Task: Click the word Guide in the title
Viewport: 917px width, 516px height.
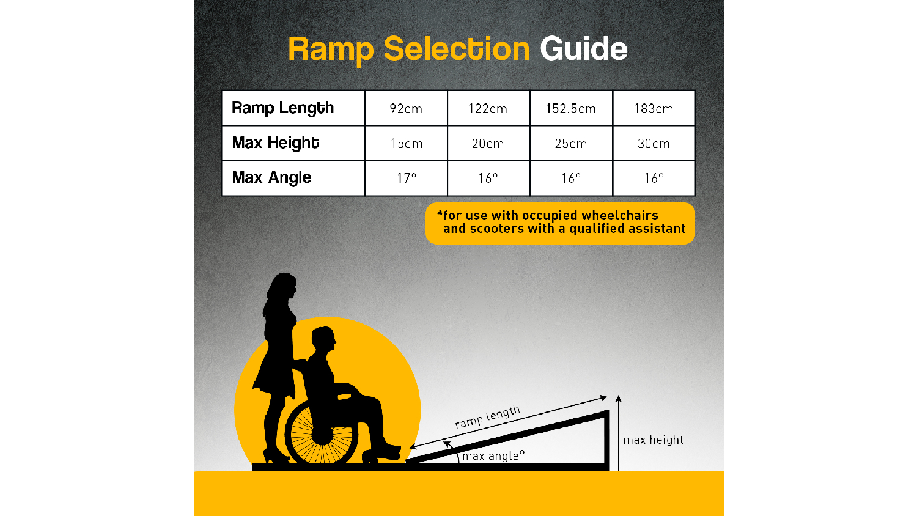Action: coord(583,49)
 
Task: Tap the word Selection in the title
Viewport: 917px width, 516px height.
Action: coord(457,49)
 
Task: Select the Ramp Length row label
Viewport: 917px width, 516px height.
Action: coord(283,108)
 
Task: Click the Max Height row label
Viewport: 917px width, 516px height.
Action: coord(275,143)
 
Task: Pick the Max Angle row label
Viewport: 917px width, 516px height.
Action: coord(271,178)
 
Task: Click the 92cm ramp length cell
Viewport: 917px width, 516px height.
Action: coord(406,109)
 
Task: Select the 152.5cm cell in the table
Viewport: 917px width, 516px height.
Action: coord(570,109)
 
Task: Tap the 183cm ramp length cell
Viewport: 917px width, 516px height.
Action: coord(654,109)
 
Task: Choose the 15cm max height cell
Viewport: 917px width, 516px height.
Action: coord(407,144)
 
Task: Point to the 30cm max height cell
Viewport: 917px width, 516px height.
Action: coord(654,144)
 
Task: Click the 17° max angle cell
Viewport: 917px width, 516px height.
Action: coord(407,178)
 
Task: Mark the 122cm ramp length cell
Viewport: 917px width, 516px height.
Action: coord(488,109)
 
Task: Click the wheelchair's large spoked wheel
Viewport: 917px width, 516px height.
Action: coord(322,432)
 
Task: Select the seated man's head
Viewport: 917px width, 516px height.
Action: coord(323,339)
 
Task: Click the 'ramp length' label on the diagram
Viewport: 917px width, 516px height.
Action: coord(488,417)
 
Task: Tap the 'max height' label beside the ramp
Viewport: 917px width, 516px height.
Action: coord(654,440)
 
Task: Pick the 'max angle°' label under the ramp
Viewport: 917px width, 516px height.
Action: coord(494,456)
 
